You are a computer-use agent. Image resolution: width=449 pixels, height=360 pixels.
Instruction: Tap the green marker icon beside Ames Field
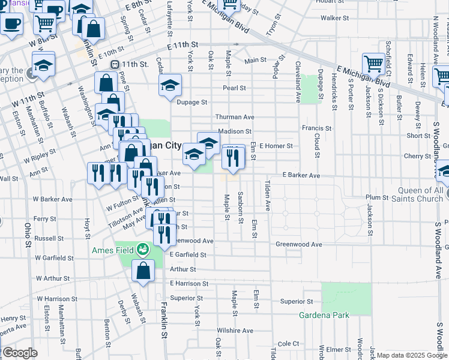142,248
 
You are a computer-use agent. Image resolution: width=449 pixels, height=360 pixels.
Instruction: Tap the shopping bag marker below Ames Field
143,271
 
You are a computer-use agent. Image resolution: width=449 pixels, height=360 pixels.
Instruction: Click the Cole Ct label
288,343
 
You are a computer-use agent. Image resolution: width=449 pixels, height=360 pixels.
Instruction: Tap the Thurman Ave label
236,117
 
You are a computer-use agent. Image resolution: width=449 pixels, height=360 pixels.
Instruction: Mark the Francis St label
316,128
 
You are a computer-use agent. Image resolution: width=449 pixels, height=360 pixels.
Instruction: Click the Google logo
19,353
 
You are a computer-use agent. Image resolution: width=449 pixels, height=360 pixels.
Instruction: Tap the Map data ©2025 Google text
411,355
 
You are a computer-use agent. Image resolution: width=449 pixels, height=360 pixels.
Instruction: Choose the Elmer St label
339,349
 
